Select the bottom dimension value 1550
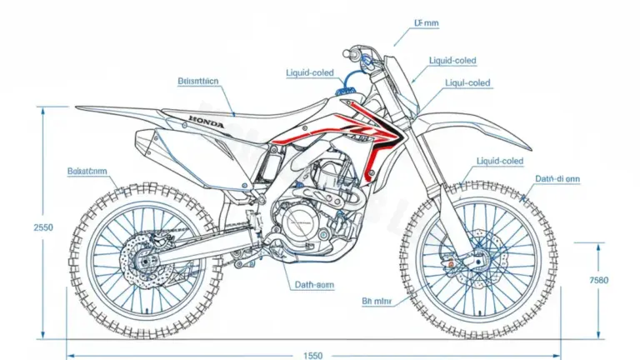(312, 356)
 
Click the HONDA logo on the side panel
(206, 122)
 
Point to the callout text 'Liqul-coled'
(467, 83)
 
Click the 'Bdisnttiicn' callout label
(198, 82)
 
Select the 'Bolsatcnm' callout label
(87, 171)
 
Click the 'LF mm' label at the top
(426, 26)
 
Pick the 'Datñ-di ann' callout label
(557, 178)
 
